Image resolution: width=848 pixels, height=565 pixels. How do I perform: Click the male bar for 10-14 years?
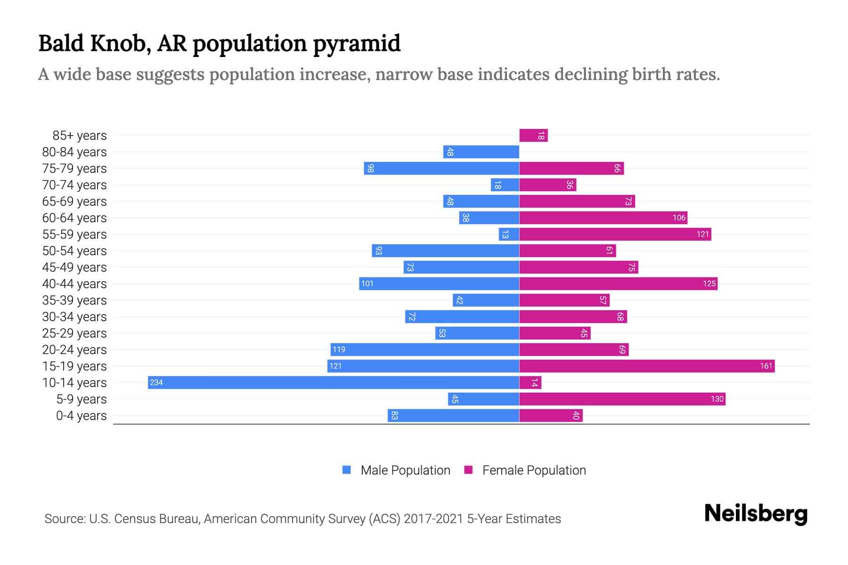(x=333, y=382)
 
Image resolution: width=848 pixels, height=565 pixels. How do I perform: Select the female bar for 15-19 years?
(x=647, y=366)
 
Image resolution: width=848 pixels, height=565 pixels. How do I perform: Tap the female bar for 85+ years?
(x=533, y=136)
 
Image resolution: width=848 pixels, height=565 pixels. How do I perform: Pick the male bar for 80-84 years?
(x=481, y=152)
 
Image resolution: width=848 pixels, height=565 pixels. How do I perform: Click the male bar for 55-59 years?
(x=509, y=234)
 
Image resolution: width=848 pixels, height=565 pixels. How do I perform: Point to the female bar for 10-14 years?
(x=530, y=382)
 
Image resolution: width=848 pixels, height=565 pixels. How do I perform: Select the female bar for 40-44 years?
(x=618, y=284)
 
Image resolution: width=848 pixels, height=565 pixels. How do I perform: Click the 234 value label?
(x=156, y=382)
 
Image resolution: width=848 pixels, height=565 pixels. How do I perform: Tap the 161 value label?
(x=766, y=366)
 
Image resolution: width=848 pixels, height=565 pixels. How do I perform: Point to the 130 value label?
(x=717, y=399)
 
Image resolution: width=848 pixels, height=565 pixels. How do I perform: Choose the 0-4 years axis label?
(x=81, y=416)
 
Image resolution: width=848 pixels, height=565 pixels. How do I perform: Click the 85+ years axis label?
(x=79, y=136)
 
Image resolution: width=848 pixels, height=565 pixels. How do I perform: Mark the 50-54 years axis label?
(x=74, y=251)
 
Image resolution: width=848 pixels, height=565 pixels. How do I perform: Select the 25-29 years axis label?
(x=74, y=333)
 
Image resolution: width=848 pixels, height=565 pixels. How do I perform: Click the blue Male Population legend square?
(x=347, y=470)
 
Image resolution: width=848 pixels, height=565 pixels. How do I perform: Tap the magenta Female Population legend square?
(x=468, y=470)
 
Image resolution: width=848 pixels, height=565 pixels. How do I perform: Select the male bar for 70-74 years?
(x=505, y=185)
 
